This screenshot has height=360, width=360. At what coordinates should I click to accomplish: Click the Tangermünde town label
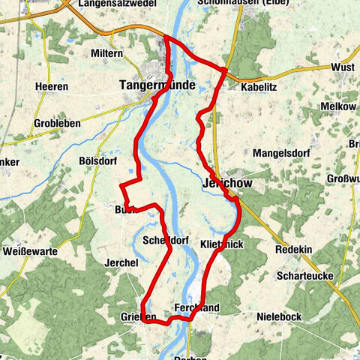157,86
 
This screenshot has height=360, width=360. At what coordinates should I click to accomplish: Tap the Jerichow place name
224,184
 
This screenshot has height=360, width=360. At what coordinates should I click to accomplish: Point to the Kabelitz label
260,87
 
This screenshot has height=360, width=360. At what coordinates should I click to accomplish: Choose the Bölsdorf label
99,160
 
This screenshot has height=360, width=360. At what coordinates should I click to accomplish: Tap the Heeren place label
52,86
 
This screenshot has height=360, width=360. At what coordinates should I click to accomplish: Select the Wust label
342,67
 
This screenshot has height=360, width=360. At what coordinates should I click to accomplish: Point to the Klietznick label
223,244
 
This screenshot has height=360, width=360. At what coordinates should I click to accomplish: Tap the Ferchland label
196,308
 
